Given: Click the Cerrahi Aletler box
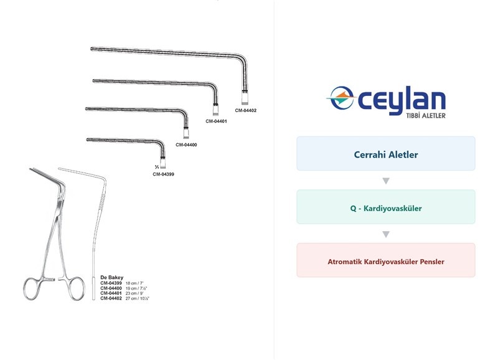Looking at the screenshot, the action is pyautogui.click(x=386, y=153).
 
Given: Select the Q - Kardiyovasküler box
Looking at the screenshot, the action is pyautogui.click(x=386, y=207).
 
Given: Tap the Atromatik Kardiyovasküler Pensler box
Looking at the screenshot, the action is pyautogui.click(x=386, y=260).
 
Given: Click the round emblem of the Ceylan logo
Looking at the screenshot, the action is pyautogui.click(x=341, y=98).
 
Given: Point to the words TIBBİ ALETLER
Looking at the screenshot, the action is pyautogui.click(x=426, y=116).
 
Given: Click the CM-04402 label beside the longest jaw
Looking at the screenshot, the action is pyautogui.click(x=245, y=111).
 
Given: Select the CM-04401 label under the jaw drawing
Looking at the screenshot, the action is pyautogui.click(x=216, y=121).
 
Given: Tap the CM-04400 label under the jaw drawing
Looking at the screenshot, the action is pyautogui.click(x=186, y=145).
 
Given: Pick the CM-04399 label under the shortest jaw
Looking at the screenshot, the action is pyautogui.click(x=163, y=174).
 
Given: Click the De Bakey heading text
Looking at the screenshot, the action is pyautogui.click(x=112, y=277).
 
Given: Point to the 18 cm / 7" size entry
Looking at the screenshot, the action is pyautogui.click(x=134, y=283).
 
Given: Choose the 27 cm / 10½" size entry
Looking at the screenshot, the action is pyautogui.click(x=137, y=298).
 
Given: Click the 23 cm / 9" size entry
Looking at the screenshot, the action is pyautogui.click(x=134, y=293).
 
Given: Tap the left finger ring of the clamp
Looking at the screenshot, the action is pyautogui.click(x=24, y=289).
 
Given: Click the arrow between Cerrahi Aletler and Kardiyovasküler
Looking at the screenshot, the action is pyautogui.click(x=386, y=181).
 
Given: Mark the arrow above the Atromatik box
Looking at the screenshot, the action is pyautogui.click(x=386, y=234).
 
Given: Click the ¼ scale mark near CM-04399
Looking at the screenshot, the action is pyautogui.click(x=157, y=167).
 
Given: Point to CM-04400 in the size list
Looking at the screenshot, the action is pyautogui.click(x=111, y=288).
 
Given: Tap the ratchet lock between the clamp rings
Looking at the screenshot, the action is pyautogui.click(x=50, y=280).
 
